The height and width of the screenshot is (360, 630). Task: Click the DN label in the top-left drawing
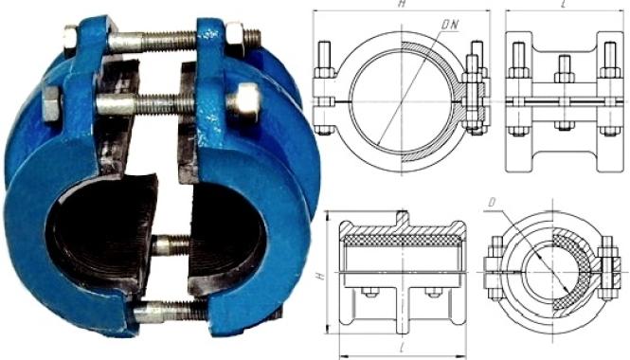450,25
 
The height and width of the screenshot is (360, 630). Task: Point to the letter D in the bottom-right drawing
492,203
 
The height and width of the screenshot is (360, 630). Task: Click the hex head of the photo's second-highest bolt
51,104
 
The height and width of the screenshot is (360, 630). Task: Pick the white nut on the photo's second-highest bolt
243,102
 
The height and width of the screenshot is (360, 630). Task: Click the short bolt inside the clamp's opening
171,245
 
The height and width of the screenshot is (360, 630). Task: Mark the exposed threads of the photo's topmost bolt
170,41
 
